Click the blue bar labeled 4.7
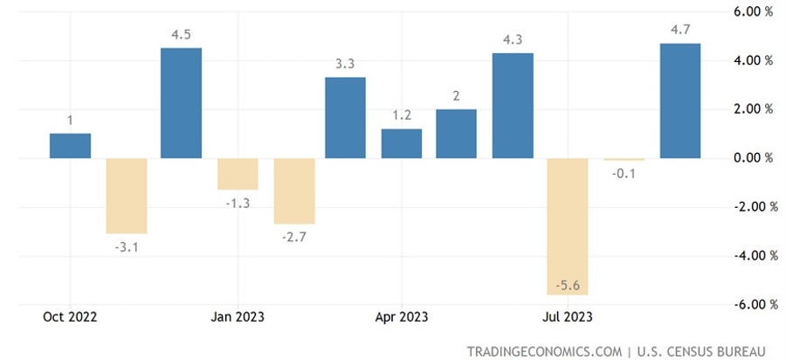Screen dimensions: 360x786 pyautogui.click(x=679, y=100)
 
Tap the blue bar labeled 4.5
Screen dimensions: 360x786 pyautogui.click(x=181, y=103)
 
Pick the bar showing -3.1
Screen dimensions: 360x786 pyautogui.click(x=126, y=196)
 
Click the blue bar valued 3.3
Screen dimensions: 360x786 pyautogui.click(x=346, y=118)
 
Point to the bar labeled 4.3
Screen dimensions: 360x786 pyautogui.click(x=513, y=106)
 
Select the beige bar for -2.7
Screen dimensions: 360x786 pyautogui.click(x=293, y=190)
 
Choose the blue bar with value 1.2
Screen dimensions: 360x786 pyautogui.click(x=402, y=143)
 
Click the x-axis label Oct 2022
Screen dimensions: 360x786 pyautogui.click(x=71, y=316)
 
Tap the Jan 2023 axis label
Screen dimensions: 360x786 pyautogui.click(x=238, y=316)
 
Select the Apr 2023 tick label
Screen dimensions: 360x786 pyautogui.click(x=402, y=316)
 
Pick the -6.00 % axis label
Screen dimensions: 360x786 pyautogui.click(x=752, y=304)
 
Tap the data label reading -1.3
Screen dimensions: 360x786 pyautogui.click(x=238, y=203)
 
